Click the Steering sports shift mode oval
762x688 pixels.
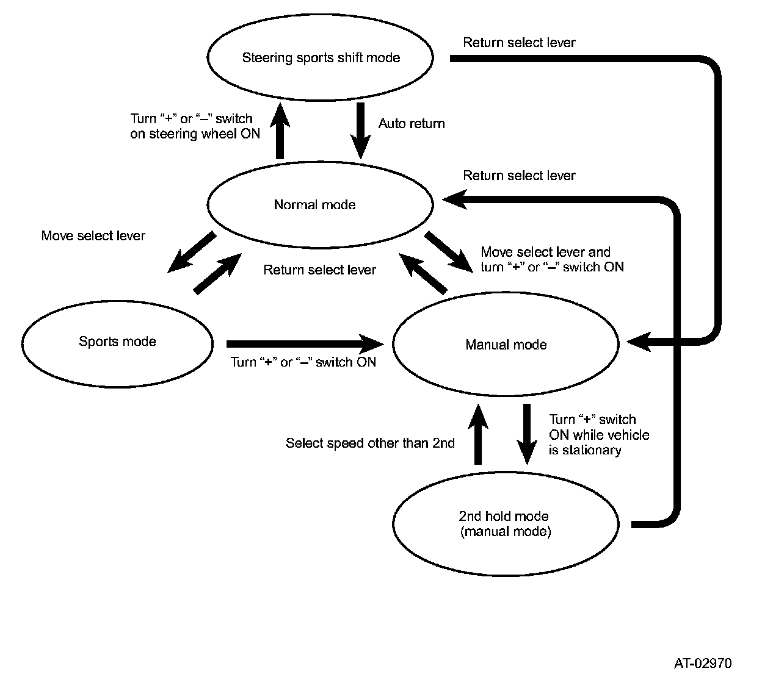(x=321, y=58)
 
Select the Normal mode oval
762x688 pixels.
(x=321, y=204)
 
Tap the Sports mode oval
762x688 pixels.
(x=117, y=342)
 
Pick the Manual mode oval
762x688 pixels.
(x=506, y=345)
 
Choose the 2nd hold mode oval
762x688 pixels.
(x=506, y=525)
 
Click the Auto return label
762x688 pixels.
(x=412, y=124)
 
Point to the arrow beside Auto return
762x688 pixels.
(x=360, y=130)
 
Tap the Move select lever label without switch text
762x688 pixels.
(x=93, y=236)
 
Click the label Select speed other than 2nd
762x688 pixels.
(x=370, y=443)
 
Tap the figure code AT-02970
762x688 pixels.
(x=703, y=664)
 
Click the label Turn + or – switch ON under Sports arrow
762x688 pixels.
(x=303, y=362)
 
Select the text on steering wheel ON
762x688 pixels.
(x=195, y=134)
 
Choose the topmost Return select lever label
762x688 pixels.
(x=519, y=43)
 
